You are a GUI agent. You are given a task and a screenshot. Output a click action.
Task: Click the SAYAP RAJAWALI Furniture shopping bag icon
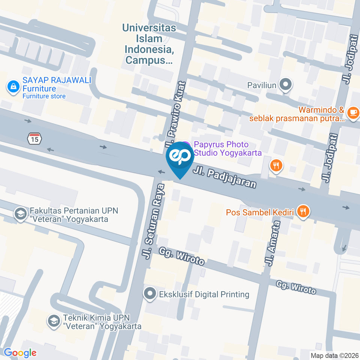tap(13, 87)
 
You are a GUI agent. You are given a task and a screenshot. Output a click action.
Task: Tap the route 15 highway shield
tap(34, 138)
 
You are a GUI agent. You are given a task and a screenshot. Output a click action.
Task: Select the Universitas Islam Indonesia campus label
tap(149, 43)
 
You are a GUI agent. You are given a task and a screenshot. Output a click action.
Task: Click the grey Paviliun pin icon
tap(286, 85)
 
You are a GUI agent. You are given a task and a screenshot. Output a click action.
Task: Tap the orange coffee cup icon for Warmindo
tap(352, 112)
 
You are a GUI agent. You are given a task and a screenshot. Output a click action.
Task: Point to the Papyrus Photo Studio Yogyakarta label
tap(227, 148)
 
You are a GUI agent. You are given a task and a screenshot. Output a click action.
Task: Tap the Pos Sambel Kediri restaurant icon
tap(303, 212)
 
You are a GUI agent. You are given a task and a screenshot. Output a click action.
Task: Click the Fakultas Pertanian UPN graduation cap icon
tap(19, 214)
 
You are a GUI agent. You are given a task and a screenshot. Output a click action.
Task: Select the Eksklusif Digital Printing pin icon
tap(150, 294)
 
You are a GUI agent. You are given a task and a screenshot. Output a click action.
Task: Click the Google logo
tap(20, 352)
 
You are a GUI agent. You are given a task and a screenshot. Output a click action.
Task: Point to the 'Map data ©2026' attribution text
tap(334, 355)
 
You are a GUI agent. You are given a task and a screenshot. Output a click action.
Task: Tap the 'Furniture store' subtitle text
tap(44, 96)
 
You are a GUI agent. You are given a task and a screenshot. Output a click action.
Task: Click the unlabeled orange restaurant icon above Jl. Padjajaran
tap(276, 165)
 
